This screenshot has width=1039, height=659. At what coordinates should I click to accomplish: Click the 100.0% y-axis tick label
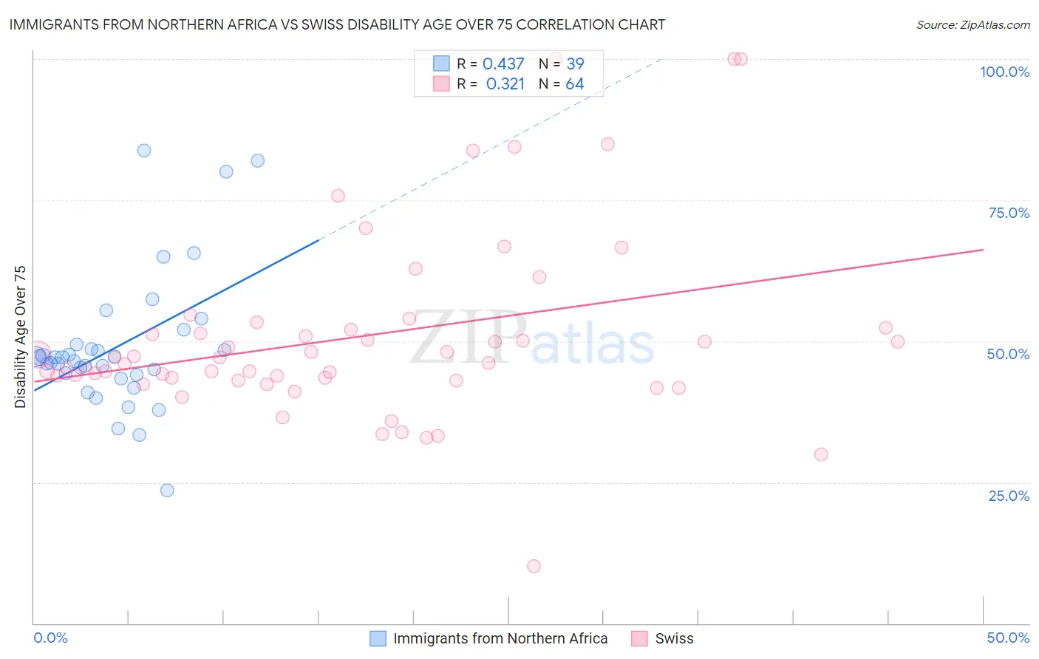1004,72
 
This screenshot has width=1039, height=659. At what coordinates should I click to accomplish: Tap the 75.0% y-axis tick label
1009,213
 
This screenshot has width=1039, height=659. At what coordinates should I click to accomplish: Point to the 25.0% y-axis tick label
1009,496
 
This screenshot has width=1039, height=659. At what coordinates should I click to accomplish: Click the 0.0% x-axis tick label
50,638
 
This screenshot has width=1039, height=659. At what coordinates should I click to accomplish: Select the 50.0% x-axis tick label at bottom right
1008,638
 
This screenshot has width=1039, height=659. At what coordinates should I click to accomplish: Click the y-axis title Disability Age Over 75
21,336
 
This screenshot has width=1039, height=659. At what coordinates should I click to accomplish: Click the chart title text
337,24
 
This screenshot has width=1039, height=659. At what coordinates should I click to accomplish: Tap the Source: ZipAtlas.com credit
972,24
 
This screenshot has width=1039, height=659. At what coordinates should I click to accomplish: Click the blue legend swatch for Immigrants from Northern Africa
378,638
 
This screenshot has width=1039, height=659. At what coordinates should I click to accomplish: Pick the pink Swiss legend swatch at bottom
639,638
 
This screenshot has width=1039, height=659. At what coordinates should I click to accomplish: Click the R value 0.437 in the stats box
503,64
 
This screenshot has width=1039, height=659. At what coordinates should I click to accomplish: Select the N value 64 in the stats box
575,84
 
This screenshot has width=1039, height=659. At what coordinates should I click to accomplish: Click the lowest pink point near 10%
534,566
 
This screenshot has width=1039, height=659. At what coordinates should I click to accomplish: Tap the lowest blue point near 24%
167,491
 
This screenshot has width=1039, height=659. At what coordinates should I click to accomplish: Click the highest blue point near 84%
144,151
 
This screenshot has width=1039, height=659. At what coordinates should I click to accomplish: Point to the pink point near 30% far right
821,454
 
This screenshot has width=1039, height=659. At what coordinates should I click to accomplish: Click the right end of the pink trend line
983,250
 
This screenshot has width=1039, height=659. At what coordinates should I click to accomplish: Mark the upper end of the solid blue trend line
318,239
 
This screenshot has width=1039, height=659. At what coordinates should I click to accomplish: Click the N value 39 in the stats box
575,64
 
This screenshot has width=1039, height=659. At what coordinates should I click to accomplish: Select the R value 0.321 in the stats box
505,84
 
